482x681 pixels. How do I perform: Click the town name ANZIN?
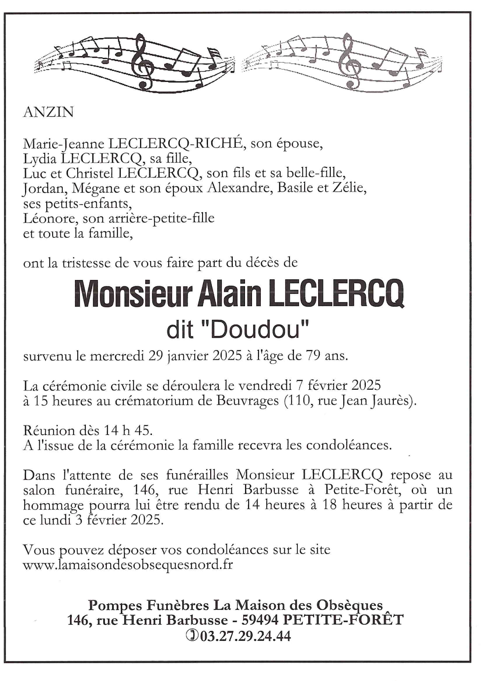coord(48,112)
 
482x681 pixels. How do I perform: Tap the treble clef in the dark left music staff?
coord(142,61)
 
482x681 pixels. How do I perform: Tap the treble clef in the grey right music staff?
coord(350,61)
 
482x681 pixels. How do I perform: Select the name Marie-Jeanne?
coord(63,144)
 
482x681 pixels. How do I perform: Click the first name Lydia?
coord(40,159)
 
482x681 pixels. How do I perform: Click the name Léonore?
coord(50,218)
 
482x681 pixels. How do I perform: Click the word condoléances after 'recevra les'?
coord(348,445)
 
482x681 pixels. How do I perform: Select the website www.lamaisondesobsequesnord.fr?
coord(128,565)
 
